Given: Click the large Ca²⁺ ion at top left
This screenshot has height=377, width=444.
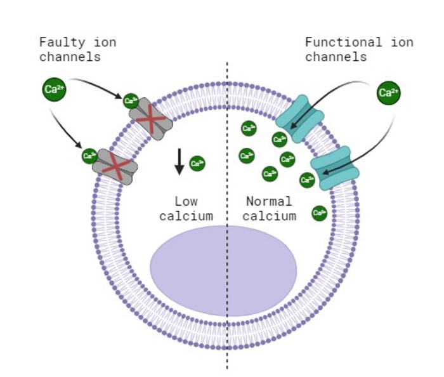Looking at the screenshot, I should [x=54, y=89].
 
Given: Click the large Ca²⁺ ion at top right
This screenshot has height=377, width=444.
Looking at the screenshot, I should [x=388, y=93].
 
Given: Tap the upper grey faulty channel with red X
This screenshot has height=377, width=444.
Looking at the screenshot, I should [x=151, y=119].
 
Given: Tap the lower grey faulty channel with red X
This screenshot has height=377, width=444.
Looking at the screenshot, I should [x=115, y=167].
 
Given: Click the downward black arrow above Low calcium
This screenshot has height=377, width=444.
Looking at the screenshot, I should [x=180, y=161].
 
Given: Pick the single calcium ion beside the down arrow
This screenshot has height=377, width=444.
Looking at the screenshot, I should [x=197, y=164].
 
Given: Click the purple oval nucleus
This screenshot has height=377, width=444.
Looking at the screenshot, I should [x=223, y=270].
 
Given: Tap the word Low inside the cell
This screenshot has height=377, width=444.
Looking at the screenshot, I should [x=186, y=202].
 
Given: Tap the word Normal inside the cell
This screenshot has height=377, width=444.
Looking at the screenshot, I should [x=269, y=202].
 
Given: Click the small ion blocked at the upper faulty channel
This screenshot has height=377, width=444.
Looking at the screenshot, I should [x=131, y=100].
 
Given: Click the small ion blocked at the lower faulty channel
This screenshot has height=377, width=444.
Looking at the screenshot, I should [x=89, y=156].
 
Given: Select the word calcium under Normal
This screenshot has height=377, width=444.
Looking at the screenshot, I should [x=269, y=216].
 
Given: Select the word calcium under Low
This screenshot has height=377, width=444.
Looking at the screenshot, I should [x=186, y=216].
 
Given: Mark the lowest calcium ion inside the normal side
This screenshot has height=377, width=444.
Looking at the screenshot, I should [x=319, y=213].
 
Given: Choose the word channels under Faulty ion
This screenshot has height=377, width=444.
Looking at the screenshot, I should [x=70, y=57].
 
